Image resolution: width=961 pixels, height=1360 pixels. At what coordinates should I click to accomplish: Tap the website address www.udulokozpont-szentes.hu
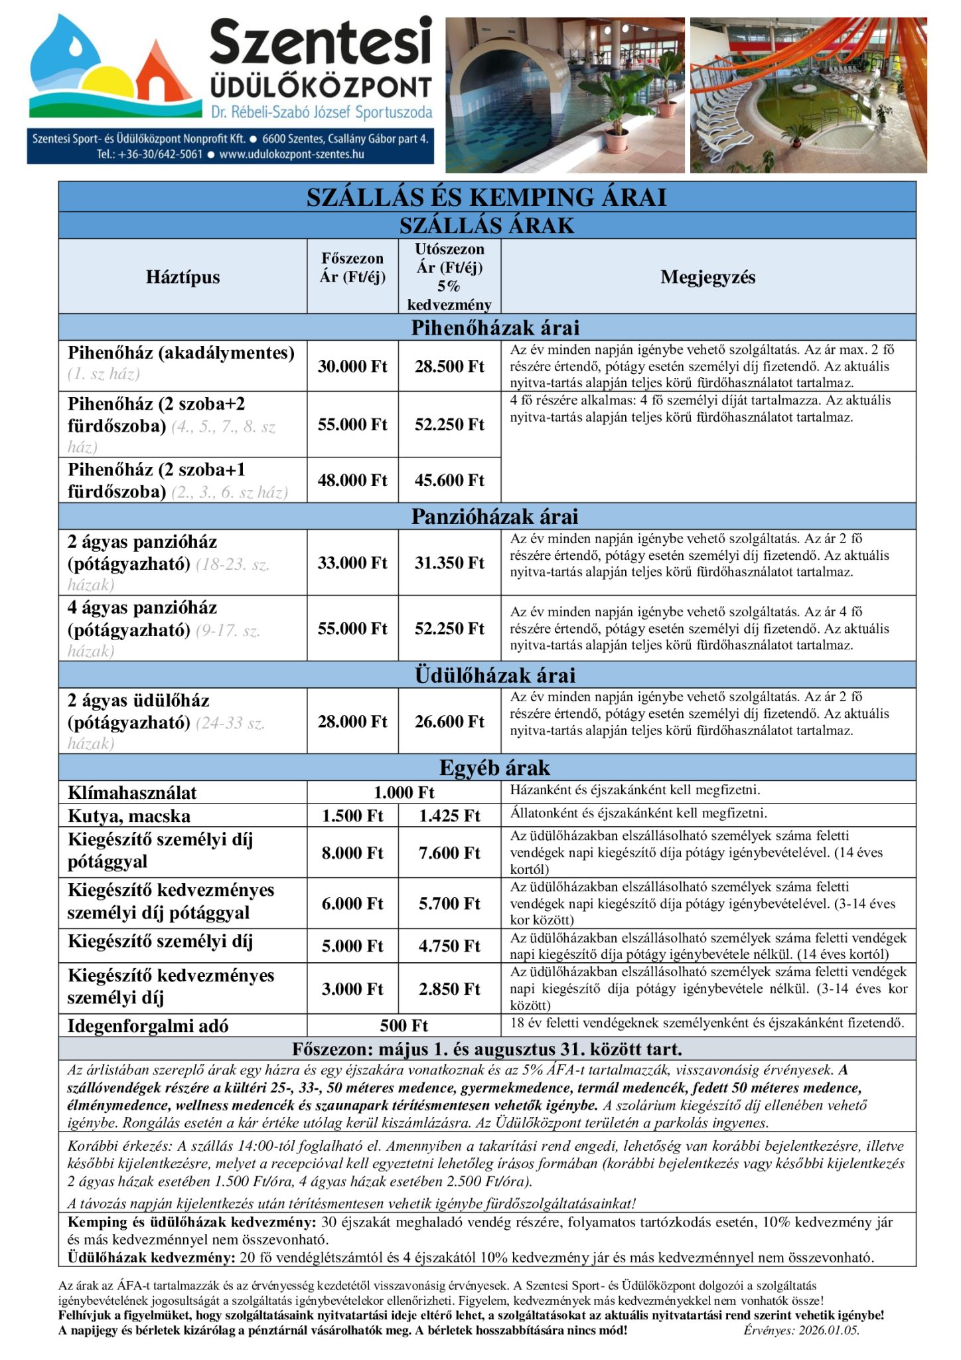pyautogui.click(x=291, y=154)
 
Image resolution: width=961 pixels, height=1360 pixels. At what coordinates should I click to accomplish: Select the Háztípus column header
pyautogui.click(x=183, y=277)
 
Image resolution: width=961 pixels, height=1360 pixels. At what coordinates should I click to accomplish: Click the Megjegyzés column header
pyautogui.click(x=707, y=277)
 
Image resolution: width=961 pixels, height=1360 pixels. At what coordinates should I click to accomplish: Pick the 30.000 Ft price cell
pyautogui.click(x=352, y=367)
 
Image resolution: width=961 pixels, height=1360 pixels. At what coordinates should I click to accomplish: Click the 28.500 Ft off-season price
pyautogui.click(x=449, y=367)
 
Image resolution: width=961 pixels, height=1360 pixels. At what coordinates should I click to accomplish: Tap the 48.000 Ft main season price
pyautogui.click(x=352, y=480)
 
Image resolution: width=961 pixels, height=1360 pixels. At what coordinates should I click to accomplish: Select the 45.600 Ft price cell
pyautogui.click(x=449, y=480)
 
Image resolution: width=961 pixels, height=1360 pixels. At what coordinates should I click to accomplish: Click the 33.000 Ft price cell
pyautogui.click(x=352, y=563)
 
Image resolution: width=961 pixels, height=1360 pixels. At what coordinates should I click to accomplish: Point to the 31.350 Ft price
pyautogui.click(x=449, y=563)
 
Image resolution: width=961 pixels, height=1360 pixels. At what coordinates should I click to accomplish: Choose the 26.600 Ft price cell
pyautogui.click(x=449, y=721)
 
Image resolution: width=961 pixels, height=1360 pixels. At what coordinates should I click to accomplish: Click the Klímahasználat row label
pyautogui.click(x=132, y=793)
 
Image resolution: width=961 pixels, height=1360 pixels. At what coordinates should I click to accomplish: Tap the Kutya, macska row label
pyautogui.click(x=129, y=816)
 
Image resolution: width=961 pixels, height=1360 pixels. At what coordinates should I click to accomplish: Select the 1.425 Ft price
pyautogui.click(x=449, y=816)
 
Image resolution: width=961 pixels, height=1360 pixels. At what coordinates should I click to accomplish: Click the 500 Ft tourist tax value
pyautogui.click(x=404, y=1026)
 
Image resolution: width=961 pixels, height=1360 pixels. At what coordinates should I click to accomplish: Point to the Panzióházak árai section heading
pyautogui.click(x=494, y=517)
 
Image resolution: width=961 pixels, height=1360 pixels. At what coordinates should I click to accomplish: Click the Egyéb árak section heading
pyautogui.click(x=494, y=768)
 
